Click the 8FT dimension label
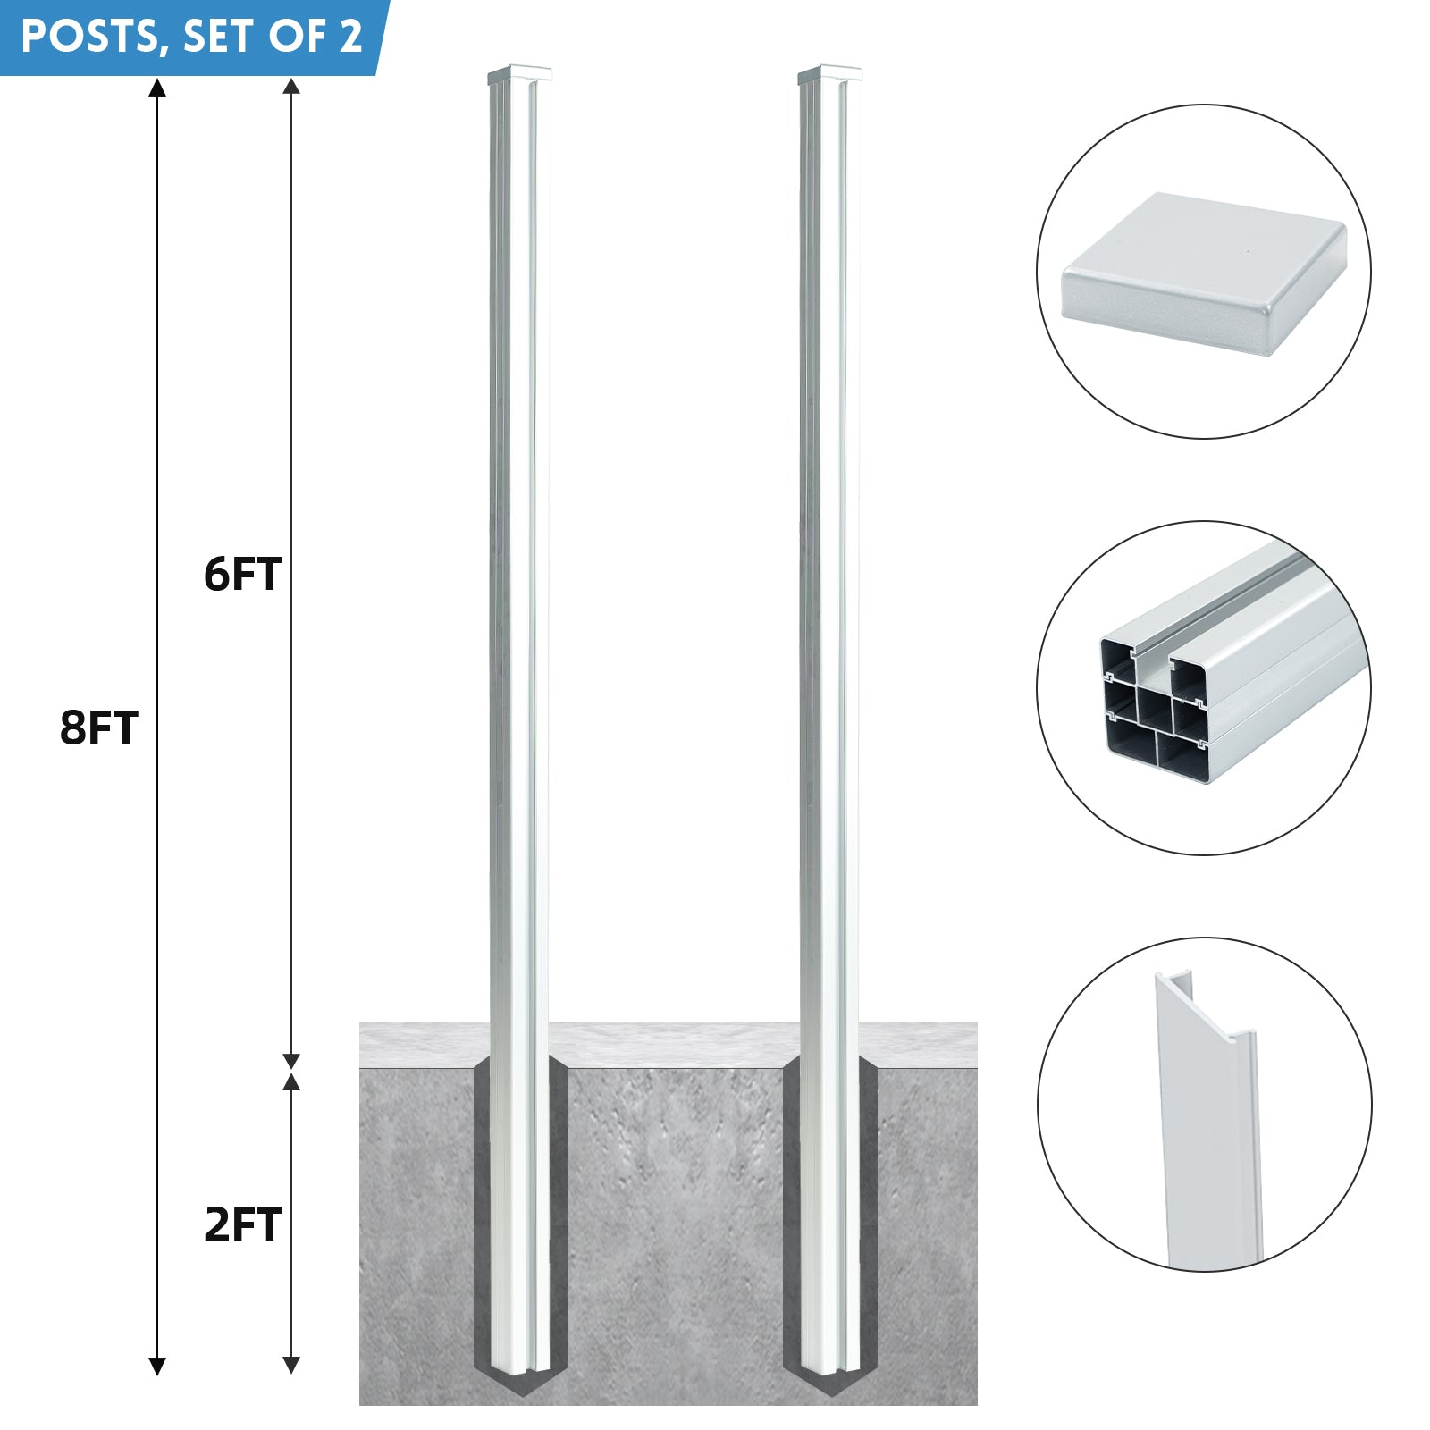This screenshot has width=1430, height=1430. [99, 728]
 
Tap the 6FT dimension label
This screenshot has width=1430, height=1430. [243, 574]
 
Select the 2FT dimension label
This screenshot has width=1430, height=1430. [243, 1224]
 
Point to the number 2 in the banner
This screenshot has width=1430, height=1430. [350, 37]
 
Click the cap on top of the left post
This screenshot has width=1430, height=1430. [520, 75]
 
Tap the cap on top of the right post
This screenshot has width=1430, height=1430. [830, 75]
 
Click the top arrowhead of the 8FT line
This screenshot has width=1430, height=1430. [157, 87]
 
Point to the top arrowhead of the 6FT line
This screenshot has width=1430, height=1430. [290, 87]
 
